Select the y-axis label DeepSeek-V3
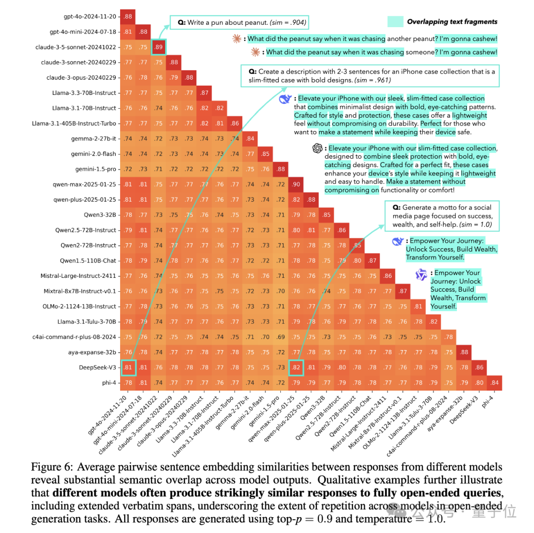click(98, 367)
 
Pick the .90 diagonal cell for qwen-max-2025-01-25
click(296, 184)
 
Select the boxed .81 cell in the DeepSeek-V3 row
click(128, 367)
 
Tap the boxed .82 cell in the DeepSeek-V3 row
click(296, 367)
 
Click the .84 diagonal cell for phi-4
click(494, 383)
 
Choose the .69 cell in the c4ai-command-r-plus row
click(281, 337)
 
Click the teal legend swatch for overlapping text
click(396, 21)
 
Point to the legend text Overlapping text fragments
click(452, 21)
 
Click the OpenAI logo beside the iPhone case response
click(317, 148)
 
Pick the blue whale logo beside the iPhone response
click(285, 99)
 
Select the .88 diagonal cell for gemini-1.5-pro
click(281, 169)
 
